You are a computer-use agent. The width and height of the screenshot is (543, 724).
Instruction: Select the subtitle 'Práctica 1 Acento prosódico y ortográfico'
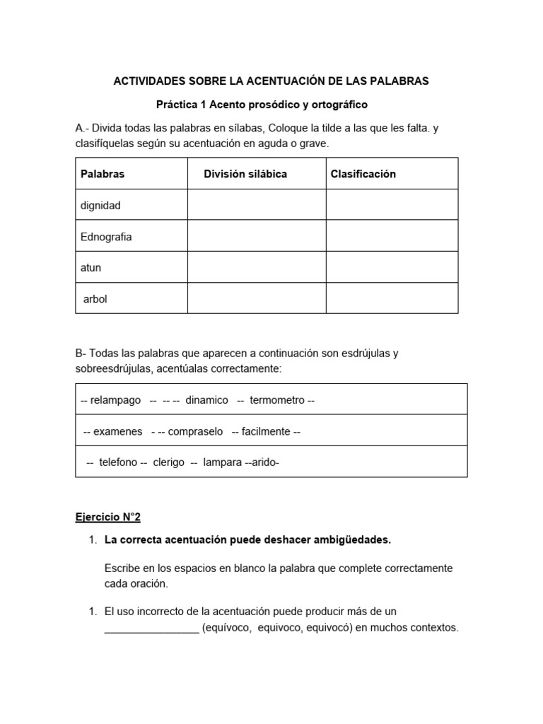262,105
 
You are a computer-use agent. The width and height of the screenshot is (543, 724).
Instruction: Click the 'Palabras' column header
103,174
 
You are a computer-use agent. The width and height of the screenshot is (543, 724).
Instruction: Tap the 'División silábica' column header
245,174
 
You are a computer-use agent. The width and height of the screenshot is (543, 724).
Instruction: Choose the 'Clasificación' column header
363,174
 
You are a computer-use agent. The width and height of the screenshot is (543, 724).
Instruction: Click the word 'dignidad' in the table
101,206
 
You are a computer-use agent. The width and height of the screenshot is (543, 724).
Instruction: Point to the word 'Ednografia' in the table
106,237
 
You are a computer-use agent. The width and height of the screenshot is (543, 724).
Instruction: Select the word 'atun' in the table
91,268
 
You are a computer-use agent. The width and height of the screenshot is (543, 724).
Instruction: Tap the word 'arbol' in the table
95,299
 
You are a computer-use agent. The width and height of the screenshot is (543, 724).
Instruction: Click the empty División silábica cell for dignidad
256,205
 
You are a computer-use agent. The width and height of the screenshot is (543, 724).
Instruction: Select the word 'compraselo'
196,431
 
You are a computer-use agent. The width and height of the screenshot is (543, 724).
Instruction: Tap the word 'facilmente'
266,431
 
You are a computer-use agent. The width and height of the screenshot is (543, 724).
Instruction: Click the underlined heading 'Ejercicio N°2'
108,518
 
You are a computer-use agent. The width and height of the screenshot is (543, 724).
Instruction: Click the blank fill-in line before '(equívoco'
151,628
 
